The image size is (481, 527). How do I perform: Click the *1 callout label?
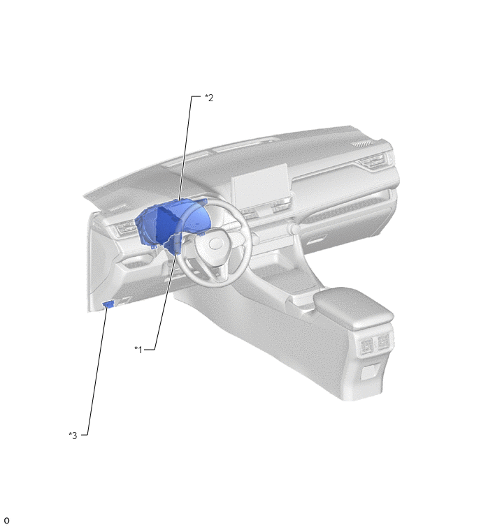138,350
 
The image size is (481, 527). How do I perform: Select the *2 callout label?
209,98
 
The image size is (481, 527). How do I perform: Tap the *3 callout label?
73,436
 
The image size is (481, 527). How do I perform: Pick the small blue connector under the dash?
108,304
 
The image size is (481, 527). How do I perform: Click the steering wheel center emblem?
215,244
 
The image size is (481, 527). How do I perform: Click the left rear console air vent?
366,346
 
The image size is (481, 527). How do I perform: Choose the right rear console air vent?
382,341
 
